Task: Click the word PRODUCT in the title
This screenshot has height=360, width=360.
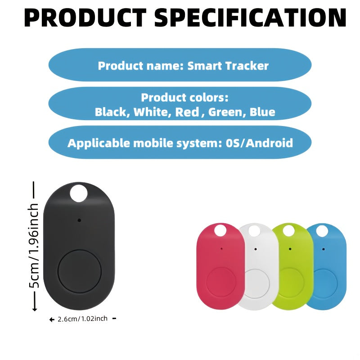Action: tap(85, 18)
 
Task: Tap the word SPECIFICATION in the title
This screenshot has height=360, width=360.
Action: tap(250, 18)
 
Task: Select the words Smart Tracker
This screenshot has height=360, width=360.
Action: tap(228, 66)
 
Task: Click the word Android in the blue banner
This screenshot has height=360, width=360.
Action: tap(270, 143)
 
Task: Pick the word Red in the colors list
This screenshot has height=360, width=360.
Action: tap(187, 112)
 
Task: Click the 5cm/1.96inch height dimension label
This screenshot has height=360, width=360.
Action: tap(34, 245)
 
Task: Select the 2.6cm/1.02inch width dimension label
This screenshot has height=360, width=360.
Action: tap(82, 319)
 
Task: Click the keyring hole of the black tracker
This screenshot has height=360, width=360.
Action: tap(79, 193)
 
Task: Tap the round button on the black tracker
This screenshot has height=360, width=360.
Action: tap(80, 272)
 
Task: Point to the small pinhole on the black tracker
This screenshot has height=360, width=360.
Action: tap(79, 220)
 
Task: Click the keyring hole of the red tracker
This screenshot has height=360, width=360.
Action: tap(220, 230)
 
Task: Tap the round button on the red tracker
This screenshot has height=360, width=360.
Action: tap(221, 282)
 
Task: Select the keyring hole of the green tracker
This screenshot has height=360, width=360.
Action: tap(288, 230)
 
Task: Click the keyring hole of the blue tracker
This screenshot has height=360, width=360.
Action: tap(322, 231)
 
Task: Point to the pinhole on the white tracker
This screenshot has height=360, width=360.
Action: tap(256, 249)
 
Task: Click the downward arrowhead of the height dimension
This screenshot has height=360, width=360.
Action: tap(35, 309)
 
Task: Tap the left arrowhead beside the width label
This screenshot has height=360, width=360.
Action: tap(51, 319)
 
